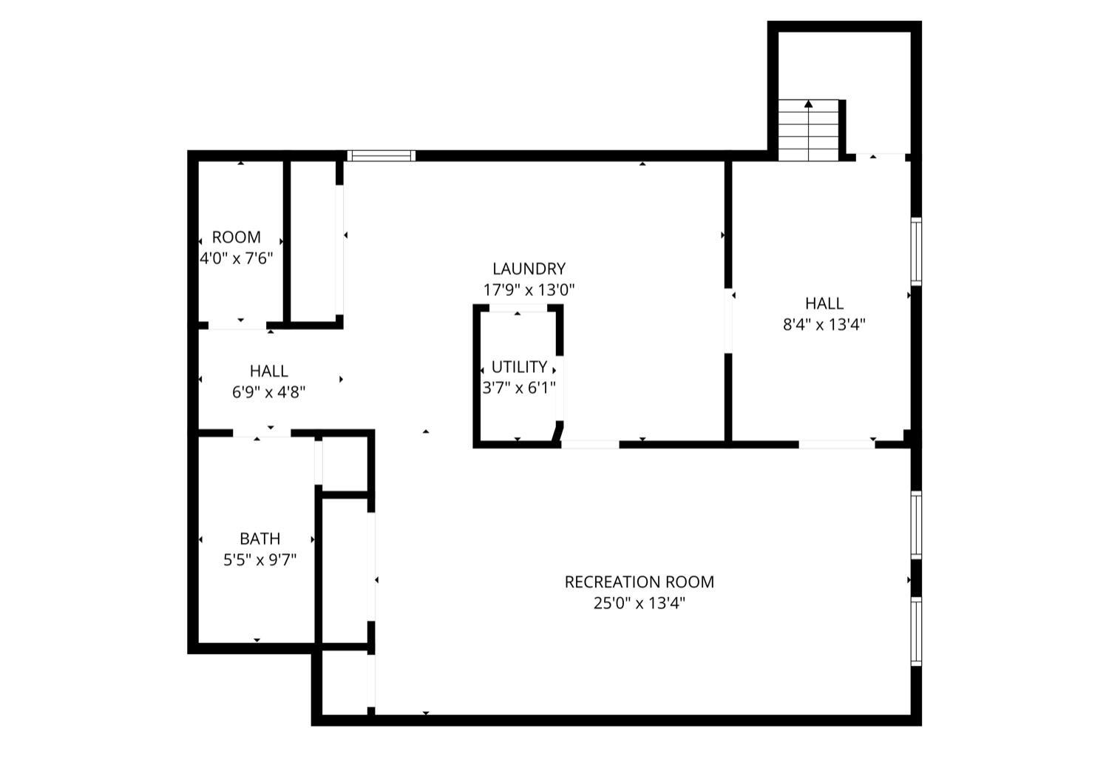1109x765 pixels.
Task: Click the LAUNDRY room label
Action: [529, 269]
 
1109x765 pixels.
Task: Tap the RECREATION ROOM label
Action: [639, 582]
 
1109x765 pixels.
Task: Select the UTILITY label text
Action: [519, 367]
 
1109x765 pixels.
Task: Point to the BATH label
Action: [260, 539]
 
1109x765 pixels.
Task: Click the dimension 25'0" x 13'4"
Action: [639, 603]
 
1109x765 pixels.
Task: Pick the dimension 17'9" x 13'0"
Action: [529, 290]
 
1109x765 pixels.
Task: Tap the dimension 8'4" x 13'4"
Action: [824, 324]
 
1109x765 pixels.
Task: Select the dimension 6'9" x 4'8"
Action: [268, 392]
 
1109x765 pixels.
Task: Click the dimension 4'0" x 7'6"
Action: [236, 258]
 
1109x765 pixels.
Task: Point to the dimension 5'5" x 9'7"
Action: [260, 560]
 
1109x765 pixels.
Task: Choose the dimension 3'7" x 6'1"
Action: [519, 388]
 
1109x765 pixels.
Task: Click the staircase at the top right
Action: [808, 130]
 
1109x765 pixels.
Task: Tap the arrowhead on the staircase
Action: [808, 104]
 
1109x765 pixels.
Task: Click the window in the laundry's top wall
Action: [381, 155]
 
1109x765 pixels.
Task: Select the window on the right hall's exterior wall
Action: [916, 252]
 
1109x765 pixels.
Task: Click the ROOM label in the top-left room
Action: [236, 237]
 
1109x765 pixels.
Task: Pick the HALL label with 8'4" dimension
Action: [824, 303]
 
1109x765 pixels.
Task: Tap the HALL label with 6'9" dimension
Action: [268, 371]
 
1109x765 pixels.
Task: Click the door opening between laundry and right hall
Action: [728, 320]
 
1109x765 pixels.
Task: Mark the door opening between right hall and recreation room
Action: [837, 444]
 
